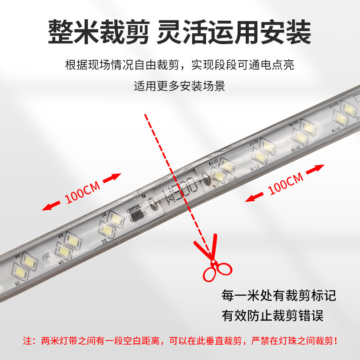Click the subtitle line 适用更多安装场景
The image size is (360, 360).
click(180, 85)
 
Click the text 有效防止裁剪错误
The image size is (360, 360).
click(273, 315)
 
